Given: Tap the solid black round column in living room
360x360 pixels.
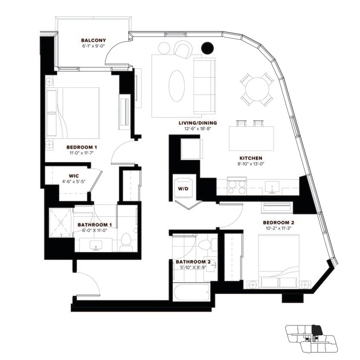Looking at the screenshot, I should tap(207, 48).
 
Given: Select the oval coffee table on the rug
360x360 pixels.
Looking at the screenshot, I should tap(177, 85).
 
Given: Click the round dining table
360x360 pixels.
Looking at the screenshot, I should tap(257, 89).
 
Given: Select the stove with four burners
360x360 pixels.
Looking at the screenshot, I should tap(237, 186).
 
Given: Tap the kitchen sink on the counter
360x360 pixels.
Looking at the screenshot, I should tap(272, 186).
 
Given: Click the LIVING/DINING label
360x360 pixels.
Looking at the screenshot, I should tap(195, 123).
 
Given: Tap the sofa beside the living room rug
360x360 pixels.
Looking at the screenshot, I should tap(205, 85).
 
